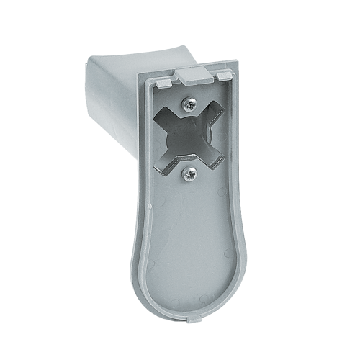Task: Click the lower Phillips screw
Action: pyautogui.click(x=191, y=172)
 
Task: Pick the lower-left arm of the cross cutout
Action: pyautogui.click(x=167, y=160)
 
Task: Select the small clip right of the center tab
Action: pyautogui.click(x=226, y=75)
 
